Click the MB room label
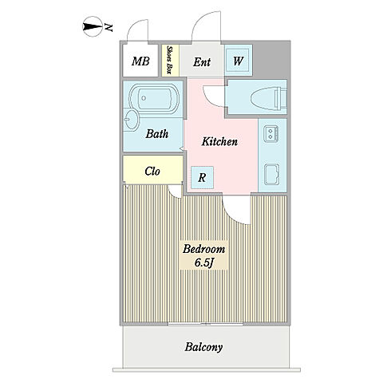140,61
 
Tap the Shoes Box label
169,60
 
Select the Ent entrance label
202,62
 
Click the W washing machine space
238,61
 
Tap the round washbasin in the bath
131,120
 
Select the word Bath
157,133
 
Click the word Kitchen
219,141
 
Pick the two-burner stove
271,134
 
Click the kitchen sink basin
272,175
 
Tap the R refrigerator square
202,178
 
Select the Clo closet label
152,171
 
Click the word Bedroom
203,249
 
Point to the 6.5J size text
204,263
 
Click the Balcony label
203,347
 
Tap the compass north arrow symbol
93,26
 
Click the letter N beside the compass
109,27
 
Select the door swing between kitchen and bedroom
237,210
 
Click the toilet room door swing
214,96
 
